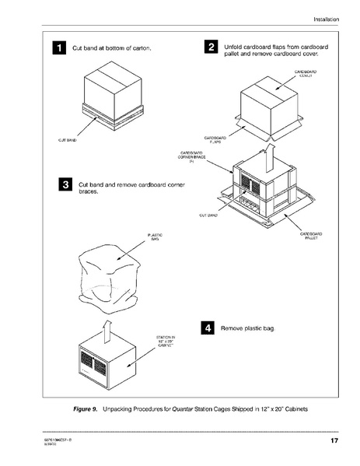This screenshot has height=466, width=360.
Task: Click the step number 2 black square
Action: pos(211,49)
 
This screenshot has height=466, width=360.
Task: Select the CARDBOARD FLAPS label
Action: pos(214,140)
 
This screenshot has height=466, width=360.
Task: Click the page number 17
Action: pos(334,442)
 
